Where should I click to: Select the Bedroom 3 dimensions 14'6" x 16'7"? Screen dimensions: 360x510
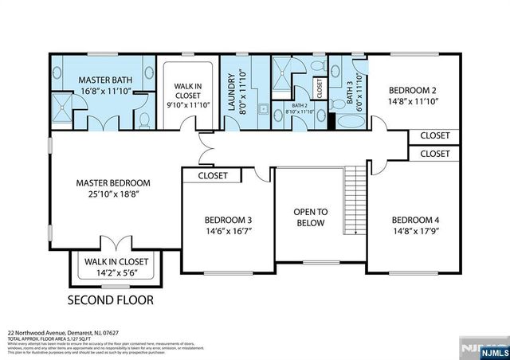[x=228, y=232]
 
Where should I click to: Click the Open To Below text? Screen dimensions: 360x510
[x=311, y=217]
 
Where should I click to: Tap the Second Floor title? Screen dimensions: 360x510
[x=110, y=301]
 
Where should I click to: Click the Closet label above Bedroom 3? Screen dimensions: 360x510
[x=213, y=175]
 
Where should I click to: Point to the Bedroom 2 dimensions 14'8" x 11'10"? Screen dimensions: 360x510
[x=414, y=102]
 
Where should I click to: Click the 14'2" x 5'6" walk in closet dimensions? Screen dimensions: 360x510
[x=116, y=272]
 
